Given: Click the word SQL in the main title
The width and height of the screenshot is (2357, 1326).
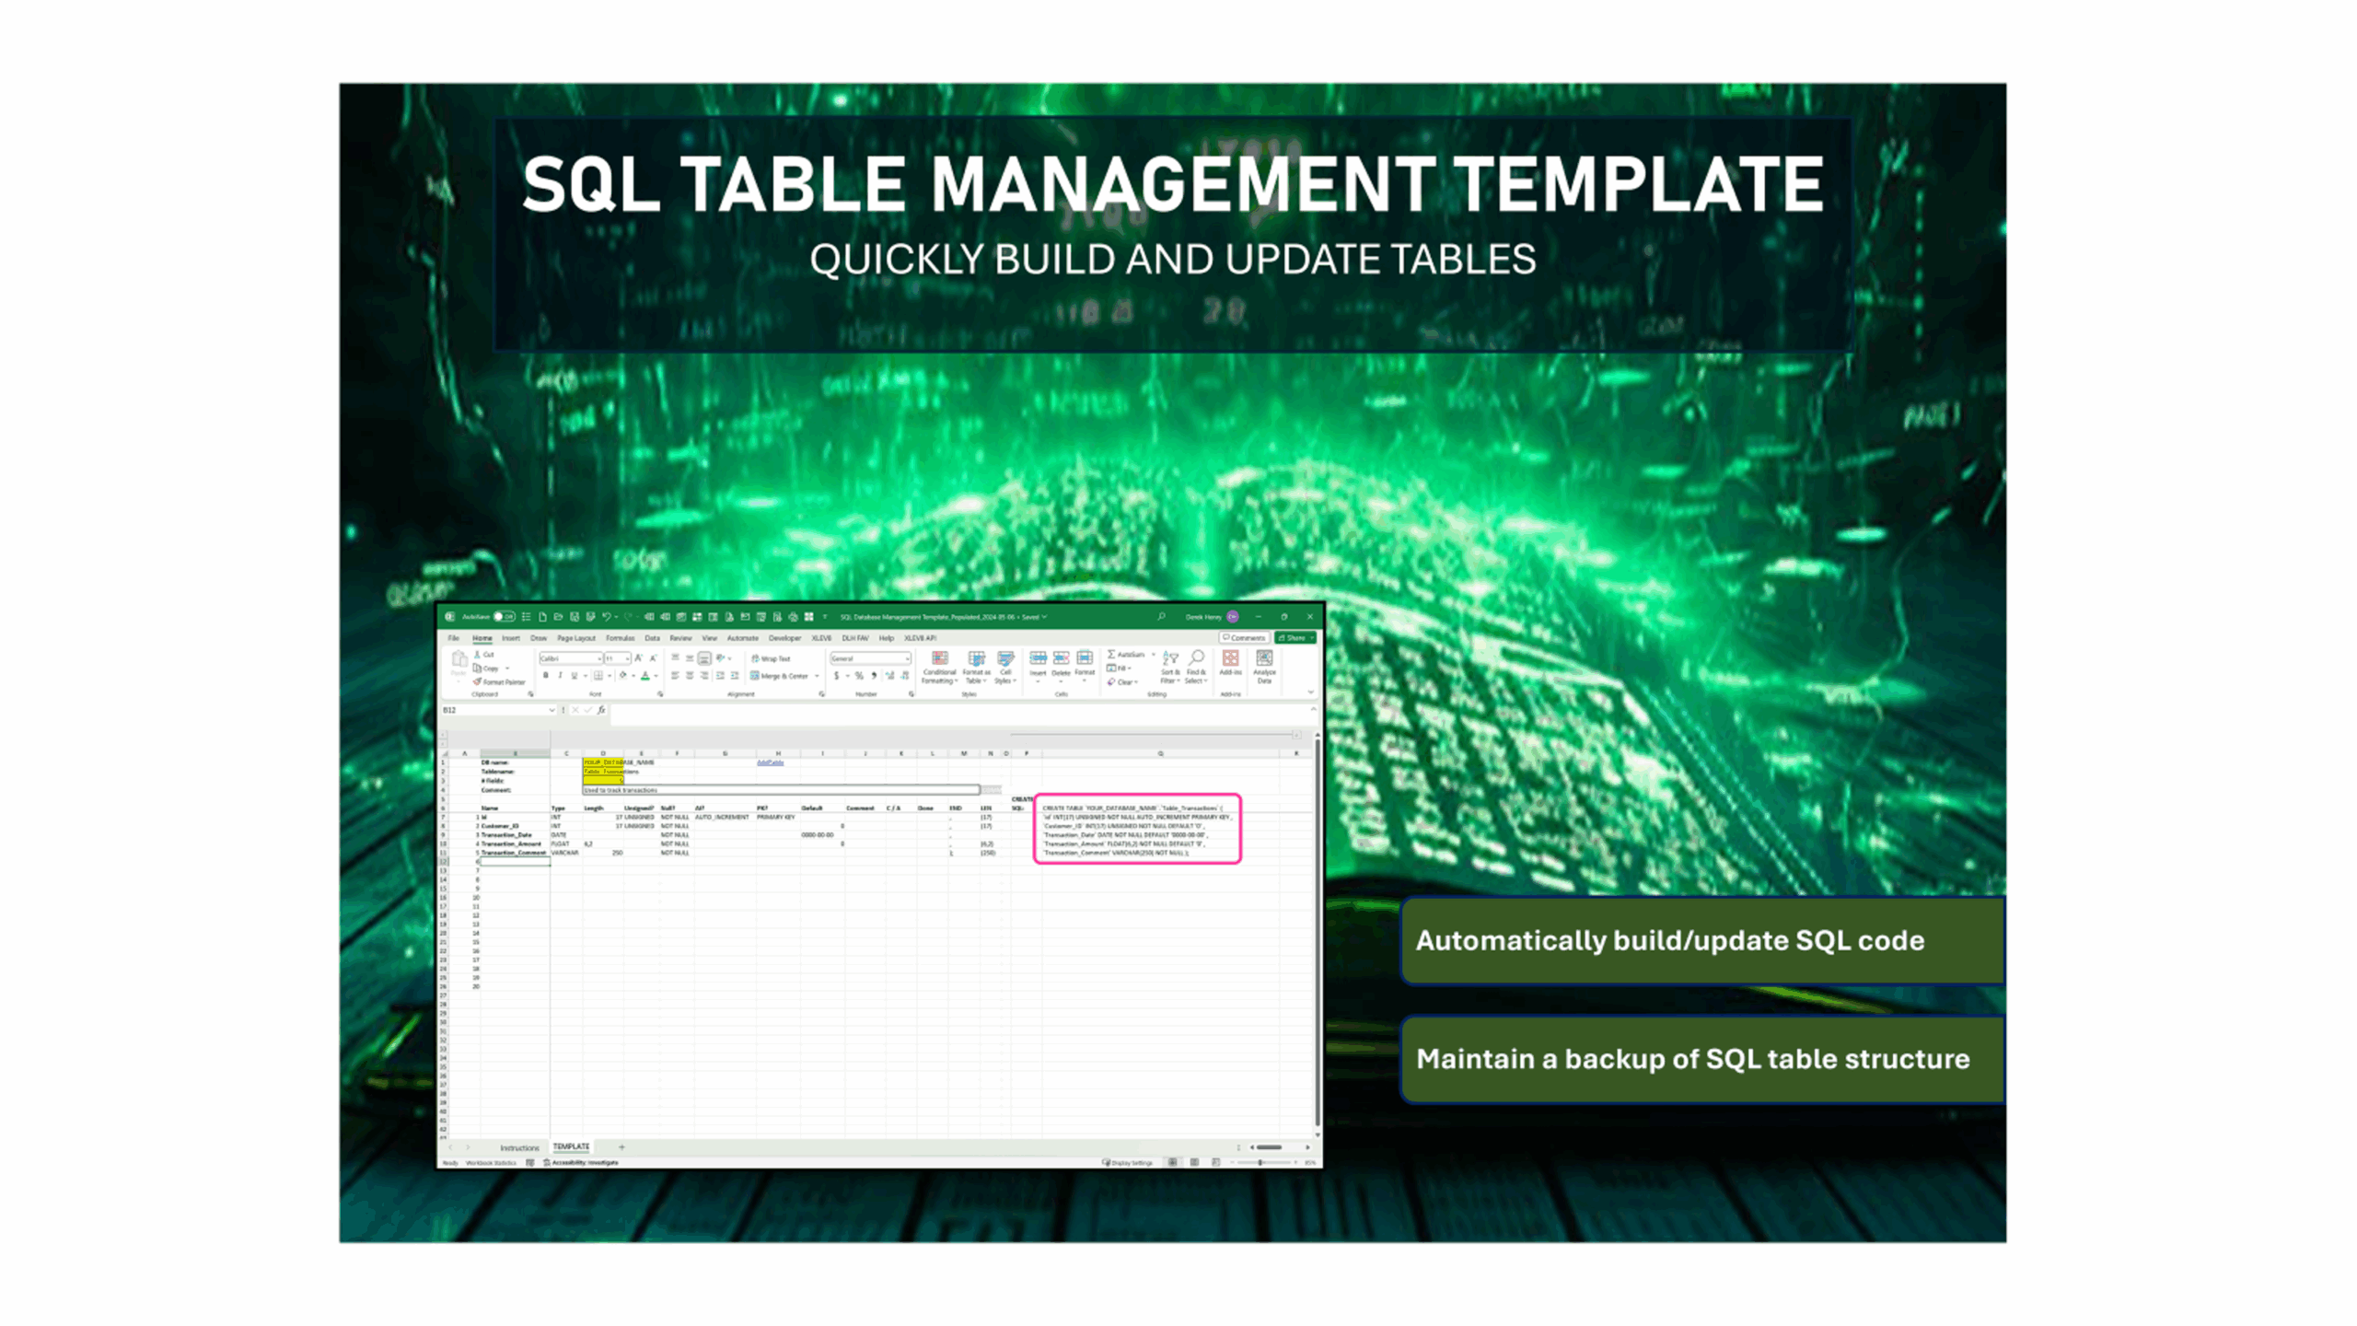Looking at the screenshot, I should point(590,185).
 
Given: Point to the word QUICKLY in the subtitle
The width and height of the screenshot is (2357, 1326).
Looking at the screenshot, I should point(896,260).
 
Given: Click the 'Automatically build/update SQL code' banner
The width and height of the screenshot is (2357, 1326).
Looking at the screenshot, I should point(1701,940).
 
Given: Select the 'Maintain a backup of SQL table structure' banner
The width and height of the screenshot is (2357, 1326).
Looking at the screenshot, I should point(1701,1059).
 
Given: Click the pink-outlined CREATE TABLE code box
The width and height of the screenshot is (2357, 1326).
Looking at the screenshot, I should point(1137,830).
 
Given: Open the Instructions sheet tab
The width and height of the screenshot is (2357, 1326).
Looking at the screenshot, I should point(519,1147).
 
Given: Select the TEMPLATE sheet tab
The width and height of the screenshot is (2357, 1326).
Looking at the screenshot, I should point(571,1146).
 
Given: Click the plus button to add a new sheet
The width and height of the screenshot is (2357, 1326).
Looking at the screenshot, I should point(621,1147).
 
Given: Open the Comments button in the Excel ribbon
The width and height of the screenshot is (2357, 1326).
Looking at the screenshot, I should point(1244,638).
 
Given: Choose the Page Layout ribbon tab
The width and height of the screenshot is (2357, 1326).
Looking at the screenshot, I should point(576,638).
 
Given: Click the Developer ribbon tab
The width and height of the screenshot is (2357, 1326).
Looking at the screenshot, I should point(784,638).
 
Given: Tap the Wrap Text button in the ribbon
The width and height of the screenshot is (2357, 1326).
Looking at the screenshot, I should point(772,659).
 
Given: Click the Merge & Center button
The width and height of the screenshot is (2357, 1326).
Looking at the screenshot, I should point(781,676).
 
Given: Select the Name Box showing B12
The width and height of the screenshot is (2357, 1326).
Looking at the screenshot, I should point(495,710).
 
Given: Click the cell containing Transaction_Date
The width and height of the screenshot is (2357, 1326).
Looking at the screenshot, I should point(506,835).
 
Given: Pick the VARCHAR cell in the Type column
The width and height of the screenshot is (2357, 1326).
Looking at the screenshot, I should point(564,853).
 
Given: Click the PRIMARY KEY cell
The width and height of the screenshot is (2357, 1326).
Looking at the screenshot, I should point(775,817).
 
